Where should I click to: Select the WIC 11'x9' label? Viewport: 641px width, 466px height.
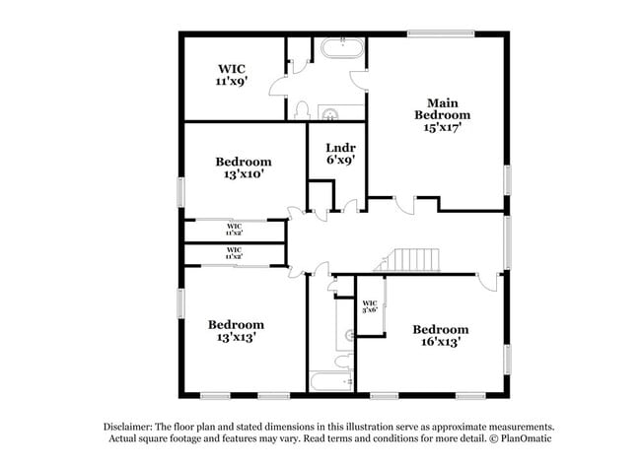pos(232,76)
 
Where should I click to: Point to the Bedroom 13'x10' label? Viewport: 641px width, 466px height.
pos(243,167)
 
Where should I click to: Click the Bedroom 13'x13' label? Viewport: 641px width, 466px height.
pos(235,331)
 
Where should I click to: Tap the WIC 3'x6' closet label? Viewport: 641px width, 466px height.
pos(370,306)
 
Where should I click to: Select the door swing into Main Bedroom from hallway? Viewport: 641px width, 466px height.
pos(403,203)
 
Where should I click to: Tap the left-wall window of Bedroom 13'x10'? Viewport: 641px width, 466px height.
pos(179,191)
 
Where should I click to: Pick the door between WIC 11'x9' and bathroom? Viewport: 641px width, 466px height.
pos(293,65)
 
